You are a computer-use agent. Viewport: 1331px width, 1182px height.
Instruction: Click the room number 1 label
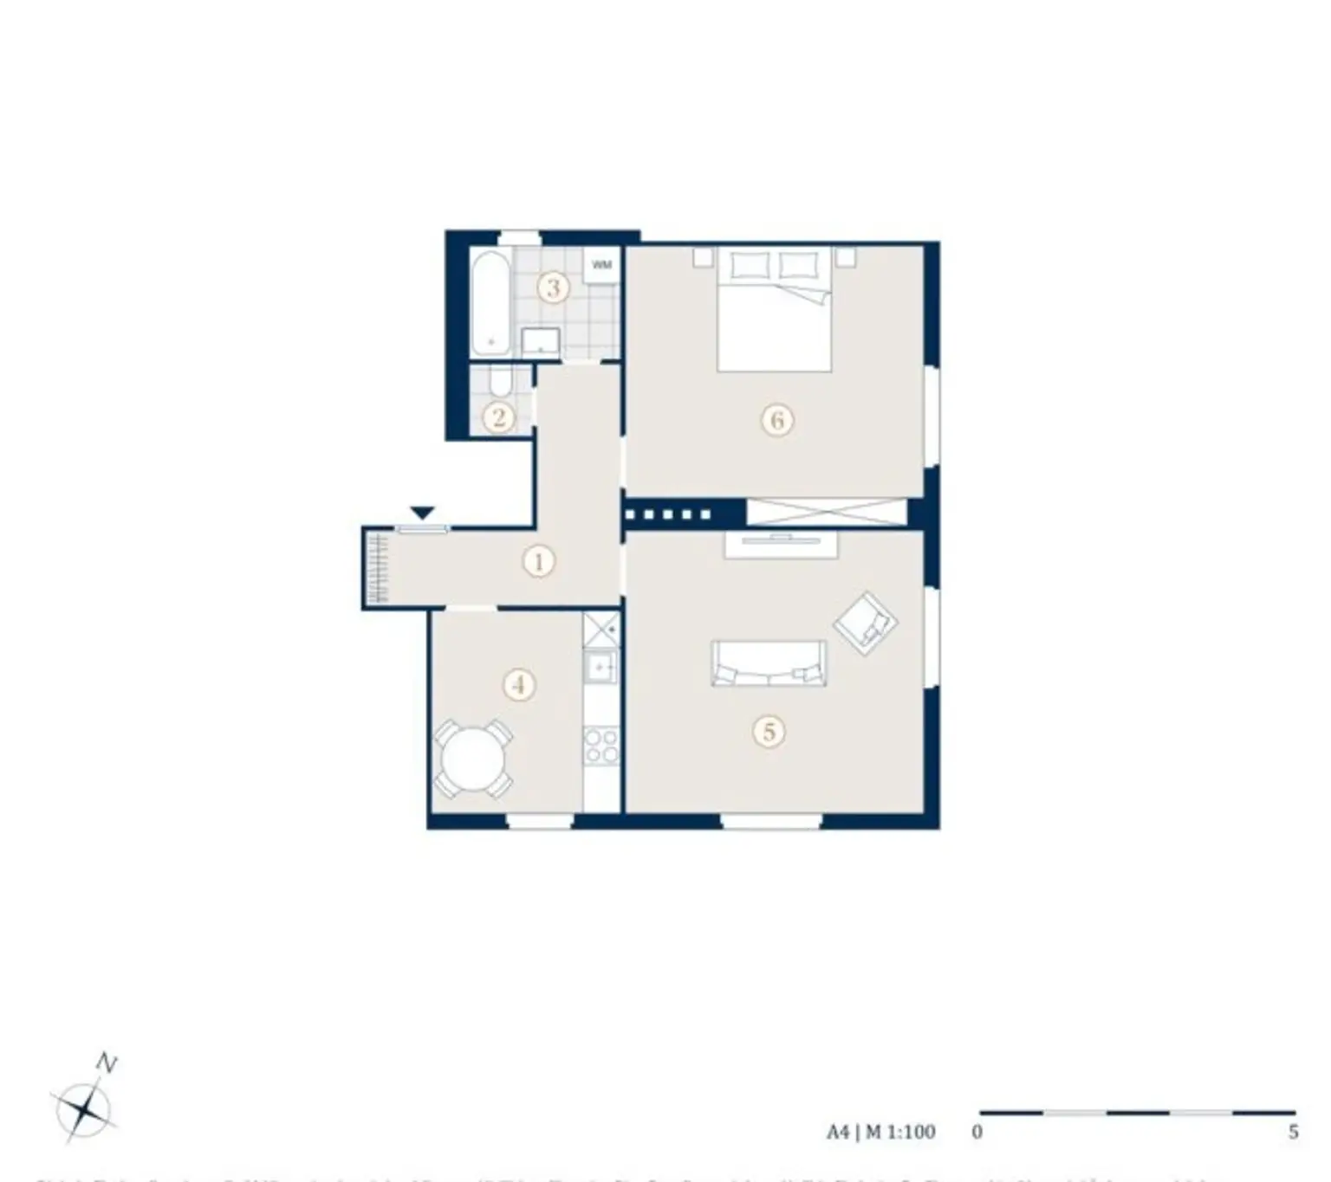click(538, 562)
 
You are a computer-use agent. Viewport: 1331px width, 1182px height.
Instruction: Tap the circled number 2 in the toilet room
click(498, 418)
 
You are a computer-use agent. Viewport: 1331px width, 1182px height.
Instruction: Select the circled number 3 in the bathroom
click(554, 287)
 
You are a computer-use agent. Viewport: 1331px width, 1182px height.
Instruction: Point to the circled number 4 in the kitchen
click(518, 685)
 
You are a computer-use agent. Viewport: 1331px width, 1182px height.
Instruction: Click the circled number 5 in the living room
click(769, 732)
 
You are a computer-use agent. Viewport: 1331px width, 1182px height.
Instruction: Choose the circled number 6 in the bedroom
click(776, 421)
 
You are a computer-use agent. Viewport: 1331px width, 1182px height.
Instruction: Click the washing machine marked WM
click(601, 265)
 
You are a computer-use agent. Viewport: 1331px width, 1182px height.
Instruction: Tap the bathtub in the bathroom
click(491, 301)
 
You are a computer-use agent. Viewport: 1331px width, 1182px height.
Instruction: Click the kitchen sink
click(600, 668)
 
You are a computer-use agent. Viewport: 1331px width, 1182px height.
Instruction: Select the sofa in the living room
click(769, 663)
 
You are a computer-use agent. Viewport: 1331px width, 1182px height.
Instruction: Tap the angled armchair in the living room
click(865, 623)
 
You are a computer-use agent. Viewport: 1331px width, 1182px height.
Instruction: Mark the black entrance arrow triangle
click(422, 513)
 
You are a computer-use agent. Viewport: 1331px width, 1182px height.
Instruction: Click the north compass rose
click(83, 1108)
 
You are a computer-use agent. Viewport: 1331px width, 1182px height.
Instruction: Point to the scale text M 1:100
click(900, 1132)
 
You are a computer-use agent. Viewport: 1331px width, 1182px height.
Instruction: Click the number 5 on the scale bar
click(1293, 1132)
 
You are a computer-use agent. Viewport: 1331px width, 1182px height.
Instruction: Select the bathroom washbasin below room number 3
click(541, 341)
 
